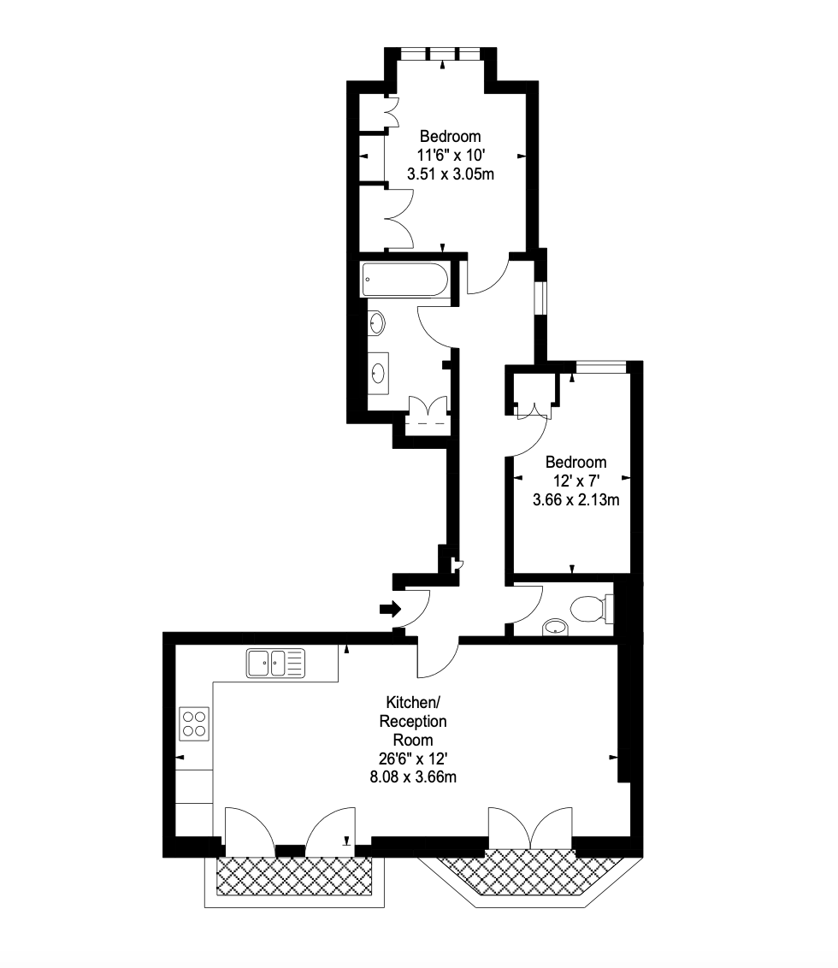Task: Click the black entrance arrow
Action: [x=390, y=610]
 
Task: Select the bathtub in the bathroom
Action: [x=404, y=280]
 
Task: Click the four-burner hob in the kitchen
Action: [x=194, y=724]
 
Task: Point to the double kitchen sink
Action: [x=275, y=663]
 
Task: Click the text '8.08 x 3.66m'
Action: [x=413, y=777]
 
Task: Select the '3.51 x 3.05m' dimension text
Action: [x=450, y=174]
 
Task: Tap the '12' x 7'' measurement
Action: [x=575, y=481]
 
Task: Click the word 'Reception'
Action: [x=413, y=721]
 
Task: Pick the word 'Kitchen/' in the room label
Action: [x=413, y=702]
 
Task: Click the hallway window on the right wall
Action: [x=541, y=298]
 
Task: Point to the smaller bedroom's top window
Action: [x=601, y=368]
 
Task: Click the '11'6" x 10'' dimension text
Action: [x=450, y=155]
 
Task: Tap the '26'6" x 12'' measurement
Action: [x=413, y=758]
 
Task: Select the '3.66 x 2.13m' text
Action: [x=575, y=499]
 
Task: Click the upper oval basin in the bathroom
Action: [x=376, y=323]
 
